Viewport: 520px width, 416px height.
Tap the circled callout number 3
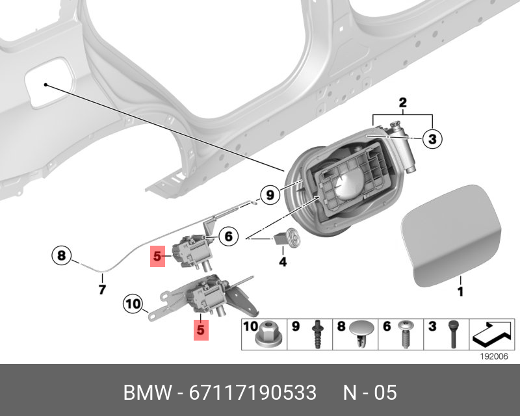(432, 138)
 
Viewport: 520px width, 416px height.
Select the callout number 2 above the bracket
(402, 103)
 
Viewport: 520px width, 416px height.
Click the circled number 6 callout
(228, 237)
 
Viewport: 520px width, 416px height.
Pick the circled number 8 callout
(61, 255)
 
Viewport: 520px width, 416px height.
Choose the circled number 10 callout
(133, 303)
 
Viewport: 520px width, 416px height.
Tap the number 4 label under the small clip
(283, 263)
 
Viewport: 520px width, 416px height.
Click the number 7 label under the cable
(102, 289)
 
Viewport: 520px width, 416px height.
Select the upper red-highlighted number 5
(157, 257)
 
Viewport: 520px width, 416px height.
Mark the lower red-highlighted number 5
(200, 330)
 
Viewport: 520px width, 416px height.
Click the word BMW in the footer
(147, 393)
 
